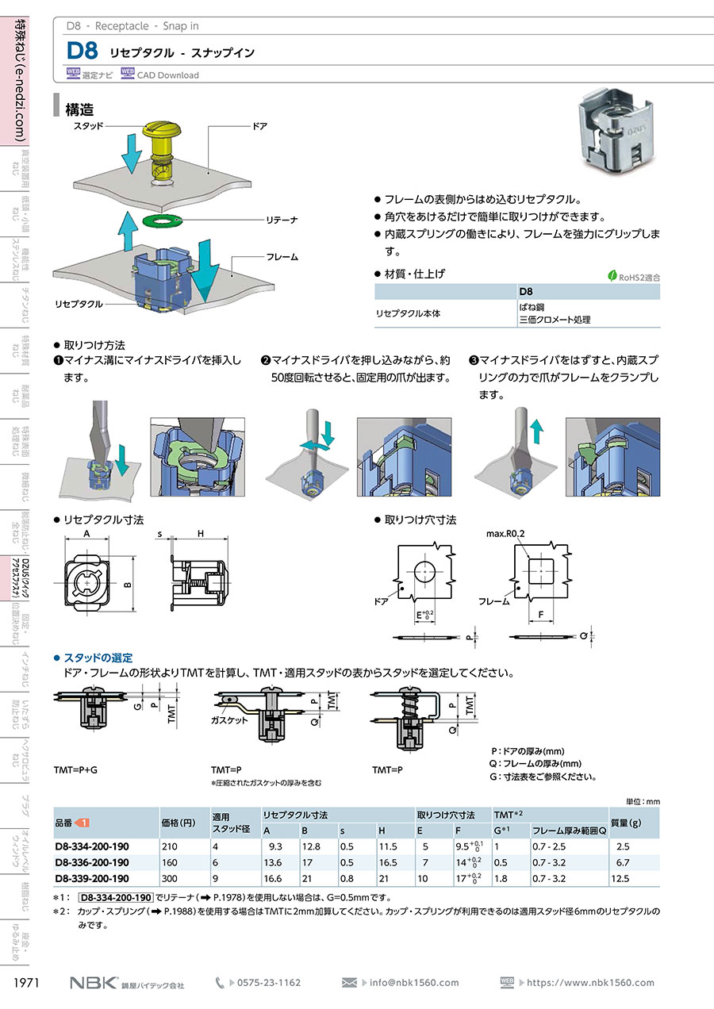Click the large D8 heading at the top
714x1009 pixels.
(x=82, y=52)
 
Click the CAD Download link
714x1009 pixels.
(x=167, y=75)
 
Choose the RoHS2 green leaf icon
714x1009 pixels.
(x=612, y=276)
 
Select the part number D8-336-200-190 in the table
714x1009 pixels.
(x=92, y=862)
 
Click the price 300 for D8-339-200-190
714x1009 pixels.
(x=169, y=878)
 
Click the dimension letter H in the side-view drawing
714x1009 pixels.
(x=201, y=535)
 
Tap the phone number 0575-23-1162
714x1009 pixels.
(x=270, y=982)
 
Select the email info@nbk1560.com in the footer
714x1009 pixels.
(x=413, y=982)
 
